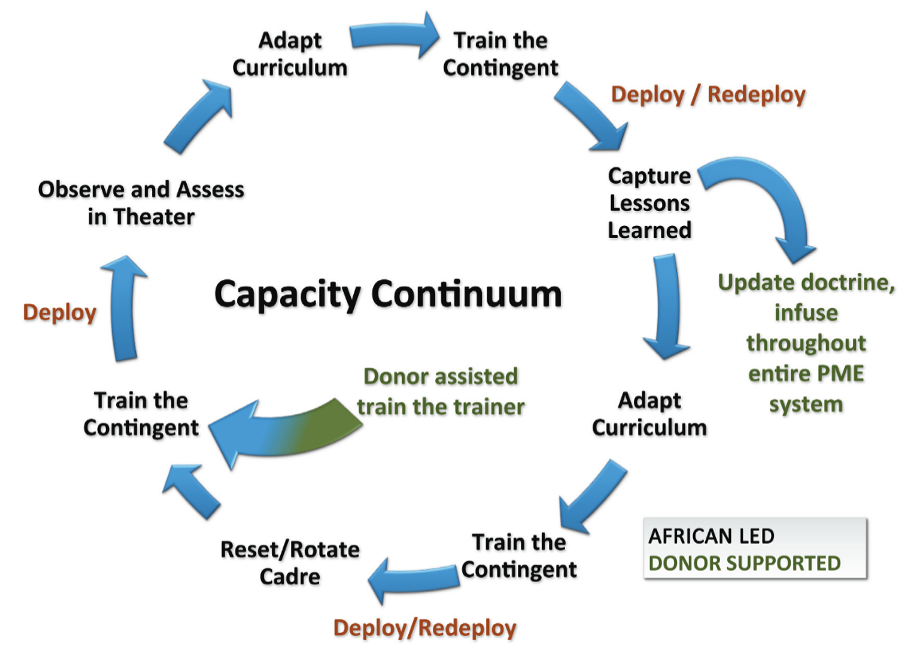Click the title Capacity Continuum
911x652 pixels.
click(x=388, y=295)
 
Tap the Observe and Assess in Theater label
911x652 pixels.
click(x=141, y=203)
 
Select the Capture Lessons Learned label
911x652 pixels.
click(x=649, y=203)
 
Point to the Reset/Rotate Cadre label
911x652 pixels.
click(x=290, y=563)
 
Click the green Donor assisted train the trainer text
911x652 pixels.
click(x=441, y=391)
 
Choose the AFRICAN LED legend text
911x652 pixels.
click(x=711, y=536)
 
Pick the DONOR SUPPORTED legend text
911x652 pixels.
click(x=744, y=563)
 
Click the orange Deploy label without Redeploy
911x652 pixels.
click(x=59, y=313)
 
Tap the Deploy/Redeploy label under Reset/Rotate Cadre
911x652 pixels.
click(x=425, y=628)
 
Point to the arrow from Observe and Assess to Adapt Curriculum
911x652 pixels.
click(x=198, y=117)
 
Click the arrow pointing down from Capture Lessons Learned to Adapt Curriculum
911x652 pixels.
click(x=667, y=306)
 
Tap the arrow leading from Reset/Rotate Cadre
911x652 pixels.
click(x=191, y=492)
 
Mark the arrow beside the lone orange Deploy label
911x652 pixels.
click(x=124, y=309)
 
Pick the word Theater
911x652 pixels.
click(x=154, y=217)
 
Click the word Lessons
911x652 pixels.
click(x=649, y=203)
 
